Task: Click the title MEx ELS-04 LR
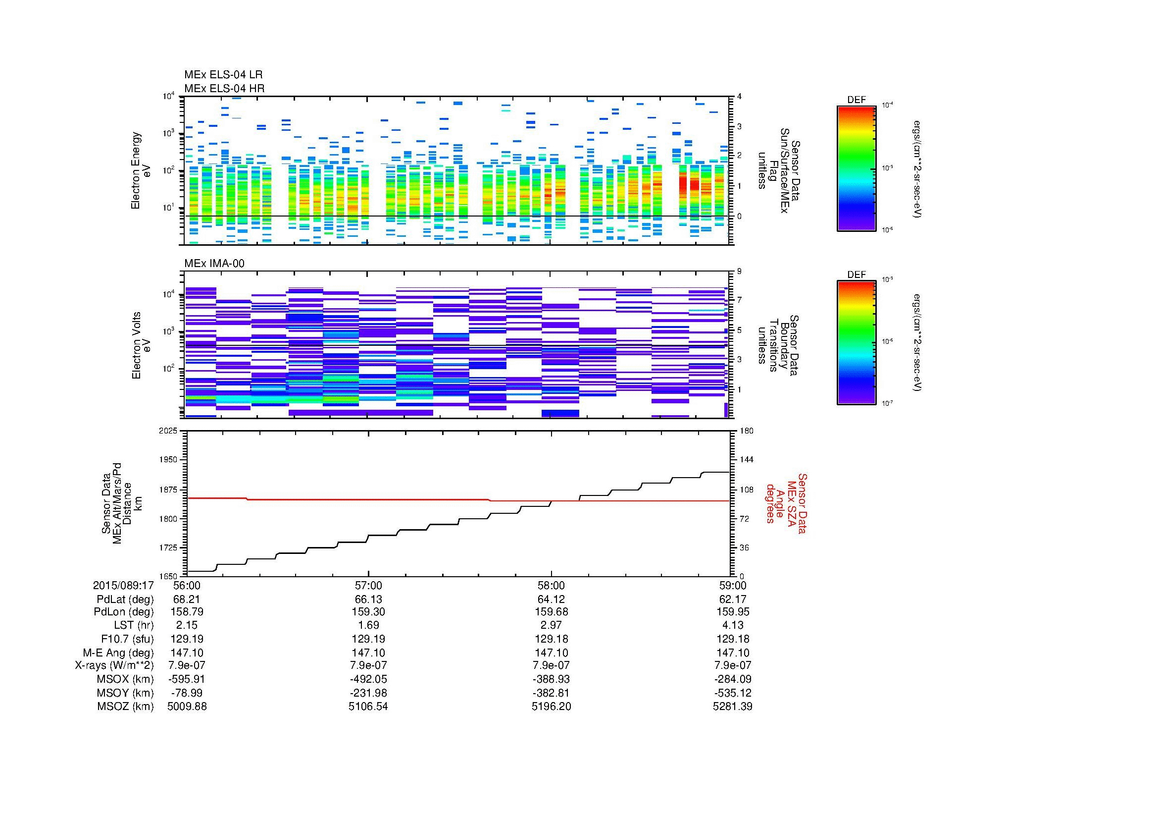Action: [x=223, y=75]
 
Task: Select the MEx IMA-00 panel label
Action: [x=214, y=264]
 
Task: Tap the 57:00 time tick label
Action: [x=369, y=585]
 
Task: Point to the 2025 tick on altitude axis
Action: [x=168, y=431]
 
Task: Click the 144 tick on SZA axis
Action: [x=746, y=460]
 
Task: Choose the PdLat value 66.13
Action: [x=369, y=599]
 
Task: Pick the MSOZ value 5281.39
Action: [x=732, y=707]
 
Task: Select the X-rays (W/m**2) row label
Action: [x=114, y=665]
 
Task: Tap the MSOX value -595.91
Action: [x=187, y=679]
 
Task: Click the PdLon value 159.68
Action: [x=551, y=611]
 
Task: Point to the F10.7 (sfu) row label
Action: [x=127, y=639]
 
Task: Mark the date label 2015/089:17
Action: [x=123, y=585]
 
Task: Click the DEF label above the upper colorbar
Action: [x=856, y=100]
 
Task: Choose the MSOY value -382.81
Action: [x=551, y=693]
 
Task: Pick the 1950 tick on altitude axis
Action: [x=168, y=460]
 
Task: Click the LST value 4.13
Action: [x=732, y=625]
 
